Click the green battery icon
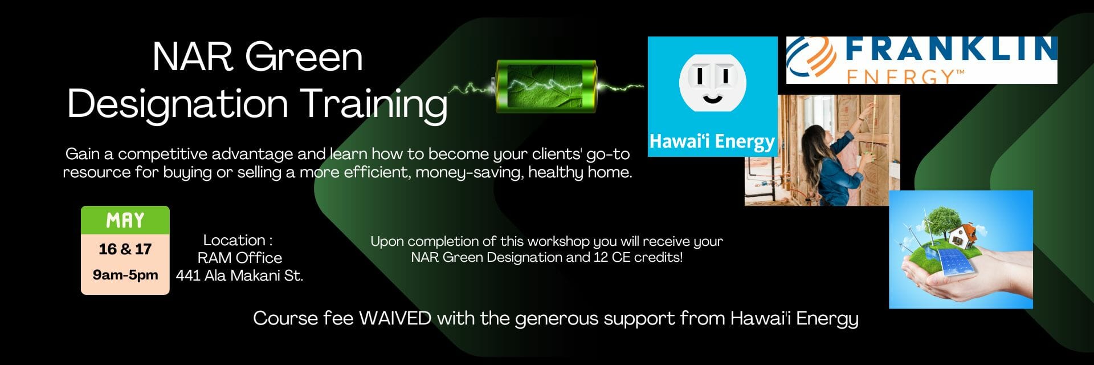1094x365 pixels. pyautogui.click(x=546, y=86)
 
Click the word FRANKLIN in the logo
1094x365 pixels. pyautogui.click(x=951, y=49)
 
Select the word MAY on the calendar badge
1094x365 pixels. pyautogui.click(x=125, y=221)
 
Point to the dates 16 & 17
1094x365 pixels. pyautogui.click(x=125, y=249)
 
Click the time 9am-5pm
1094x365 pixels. pyautogui.click(x=125, y=275)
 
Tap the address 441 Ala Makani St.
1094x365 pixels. pyautogui.click(x=239, y=275)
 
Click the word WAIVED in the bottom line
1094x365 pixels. pyautogui.click(x=395, y=318)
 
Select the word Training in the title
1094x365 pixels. pyautogui.click(x=374, y=104)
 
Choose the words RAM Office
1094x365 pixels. pyautogui.click(x=240, y=258)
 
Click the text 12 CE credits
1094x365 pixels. pyautogui.click(x=638, y=257)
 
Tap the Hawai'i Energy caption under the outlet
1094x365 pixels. pyautogui.click(x=712, y=141)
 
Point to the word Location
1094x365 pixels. pyautogui.click(x=234, y=240)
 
